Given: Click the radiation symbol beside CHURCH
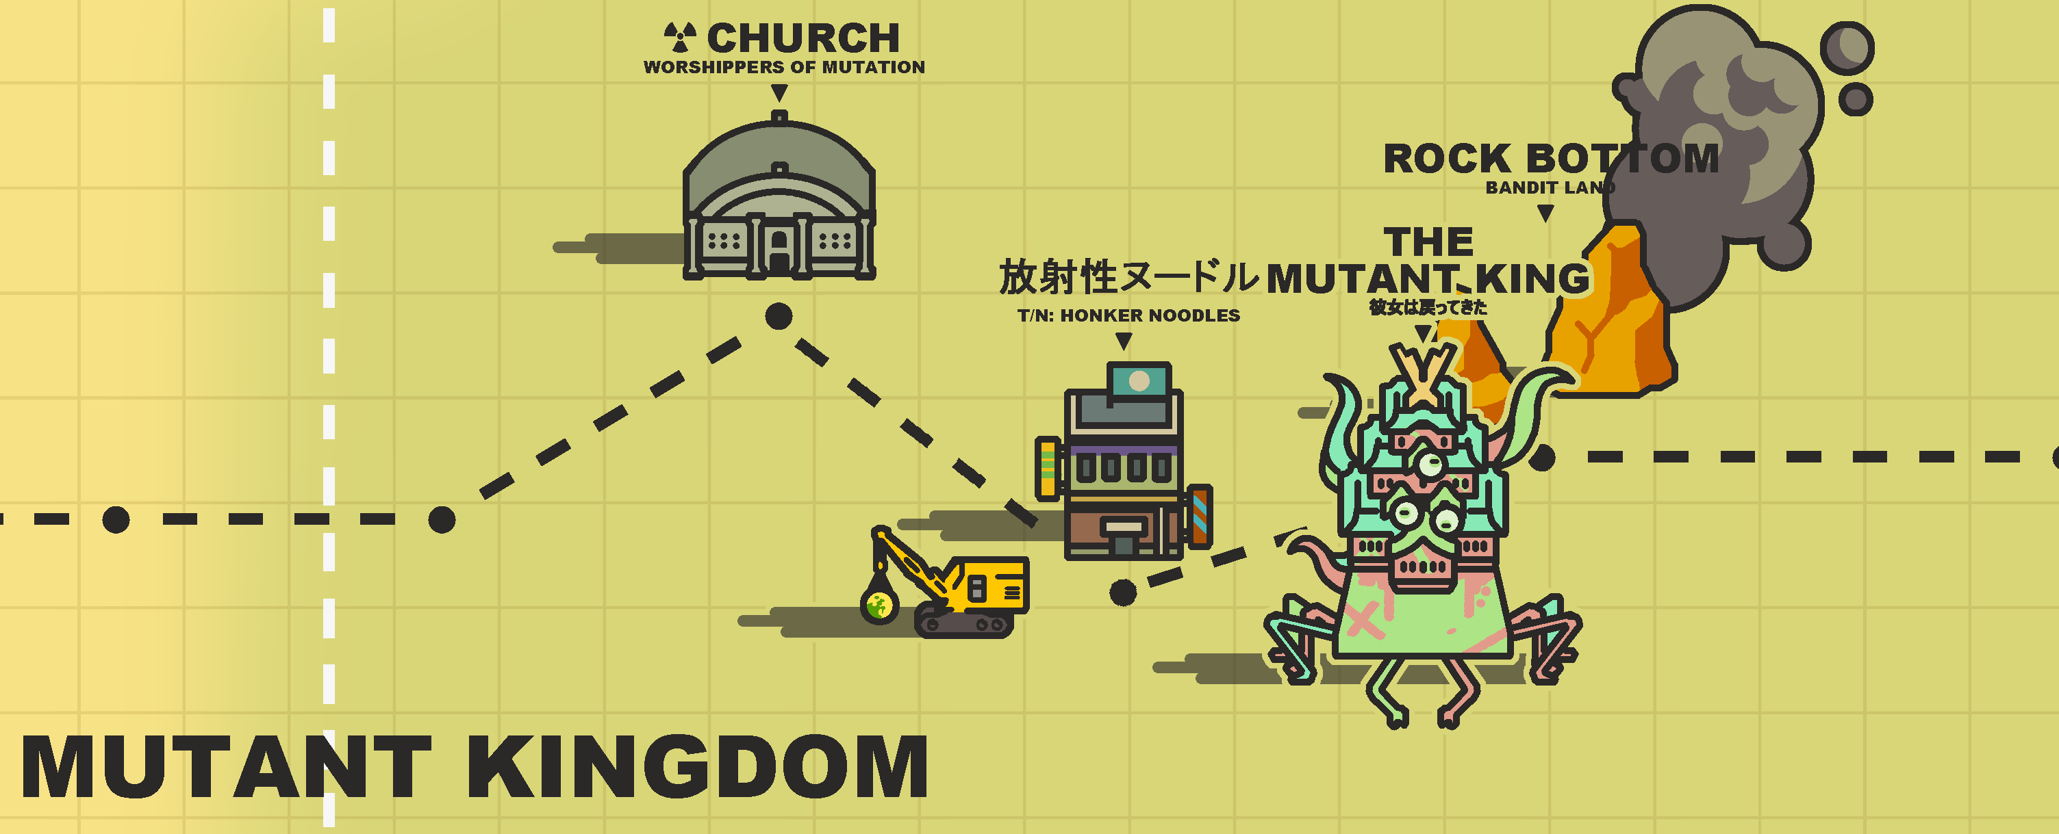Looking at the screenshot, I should [x=679, y=37].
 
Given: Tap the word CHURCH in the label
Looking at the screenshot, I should [x=803, y=38].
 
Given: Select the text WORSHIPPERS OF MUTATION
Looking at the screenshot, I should [x=783, y=67].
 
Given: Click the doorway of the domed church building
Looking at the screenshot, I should [x=779, y=252].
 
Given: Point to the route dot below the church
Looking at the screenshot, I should [x=779, y=316].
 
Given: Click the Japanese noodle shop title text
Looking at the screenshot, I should [x=1128, y=277].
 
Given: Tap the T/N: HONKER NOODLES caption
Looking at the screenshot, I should [x=1128, y=315].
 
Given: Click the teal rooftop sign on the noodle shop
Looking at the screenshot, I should [x=1139, y=381].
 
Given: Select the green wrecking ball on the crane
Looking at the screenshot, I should [x=879, y=605].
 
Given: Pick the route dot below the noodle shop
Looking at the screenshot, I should [x=1123, y=592].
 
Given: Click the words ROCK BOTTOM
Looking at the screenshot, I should [x=1551, y=158].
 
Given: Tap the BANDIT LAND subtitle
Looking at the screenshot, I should [x=1549, y=187].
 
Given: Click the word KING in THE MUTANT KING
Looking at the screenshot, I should [x=1532, y=279].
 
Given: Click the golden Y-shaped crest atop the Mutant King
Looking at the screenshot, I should [x=1424, y=372].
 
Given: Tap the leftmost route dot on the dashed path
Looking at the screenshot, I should [x=116, y=520].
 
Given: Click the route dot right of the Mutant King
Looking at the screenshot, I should [x=1542, y=458].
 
